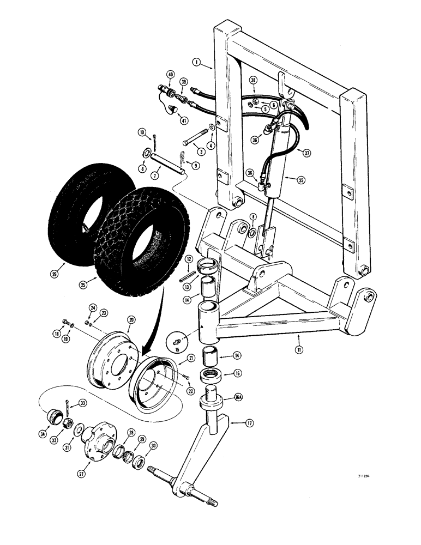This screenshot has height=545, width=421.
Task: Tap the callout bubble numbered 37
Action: pyautogui.click(x=308, y=153)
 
